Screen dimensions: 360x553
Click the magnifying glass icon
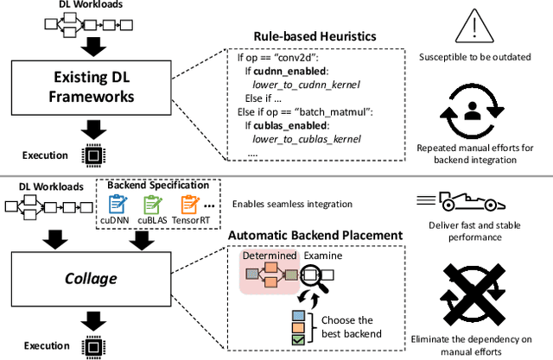[319, 274]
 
